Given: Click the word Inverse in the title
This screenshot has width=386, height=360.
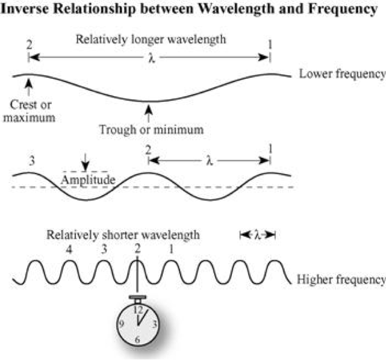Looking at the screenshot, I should tap(25, 11).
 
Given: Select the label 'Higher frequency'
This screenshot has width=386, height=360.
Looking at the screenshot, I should tap(341, 279).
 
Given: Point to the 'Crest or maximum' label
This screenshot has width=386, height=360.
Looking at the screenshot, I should tap(30, 111).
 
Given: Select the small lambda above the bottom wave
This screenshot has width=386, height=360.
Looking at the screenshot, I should tap(257, 235).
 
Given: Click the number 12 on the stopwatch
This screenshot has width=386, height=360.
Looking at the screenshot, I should tap(138, 309).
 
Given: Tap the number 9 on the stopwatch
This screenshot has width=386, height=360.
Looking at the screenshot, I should tap(121, 324).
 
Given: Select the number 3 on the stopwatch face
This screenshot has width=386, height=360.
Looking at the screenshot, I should tap(155, 324).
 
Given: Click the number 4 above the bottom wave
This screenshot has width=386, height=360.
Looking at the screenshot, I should tap(70, 248).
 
